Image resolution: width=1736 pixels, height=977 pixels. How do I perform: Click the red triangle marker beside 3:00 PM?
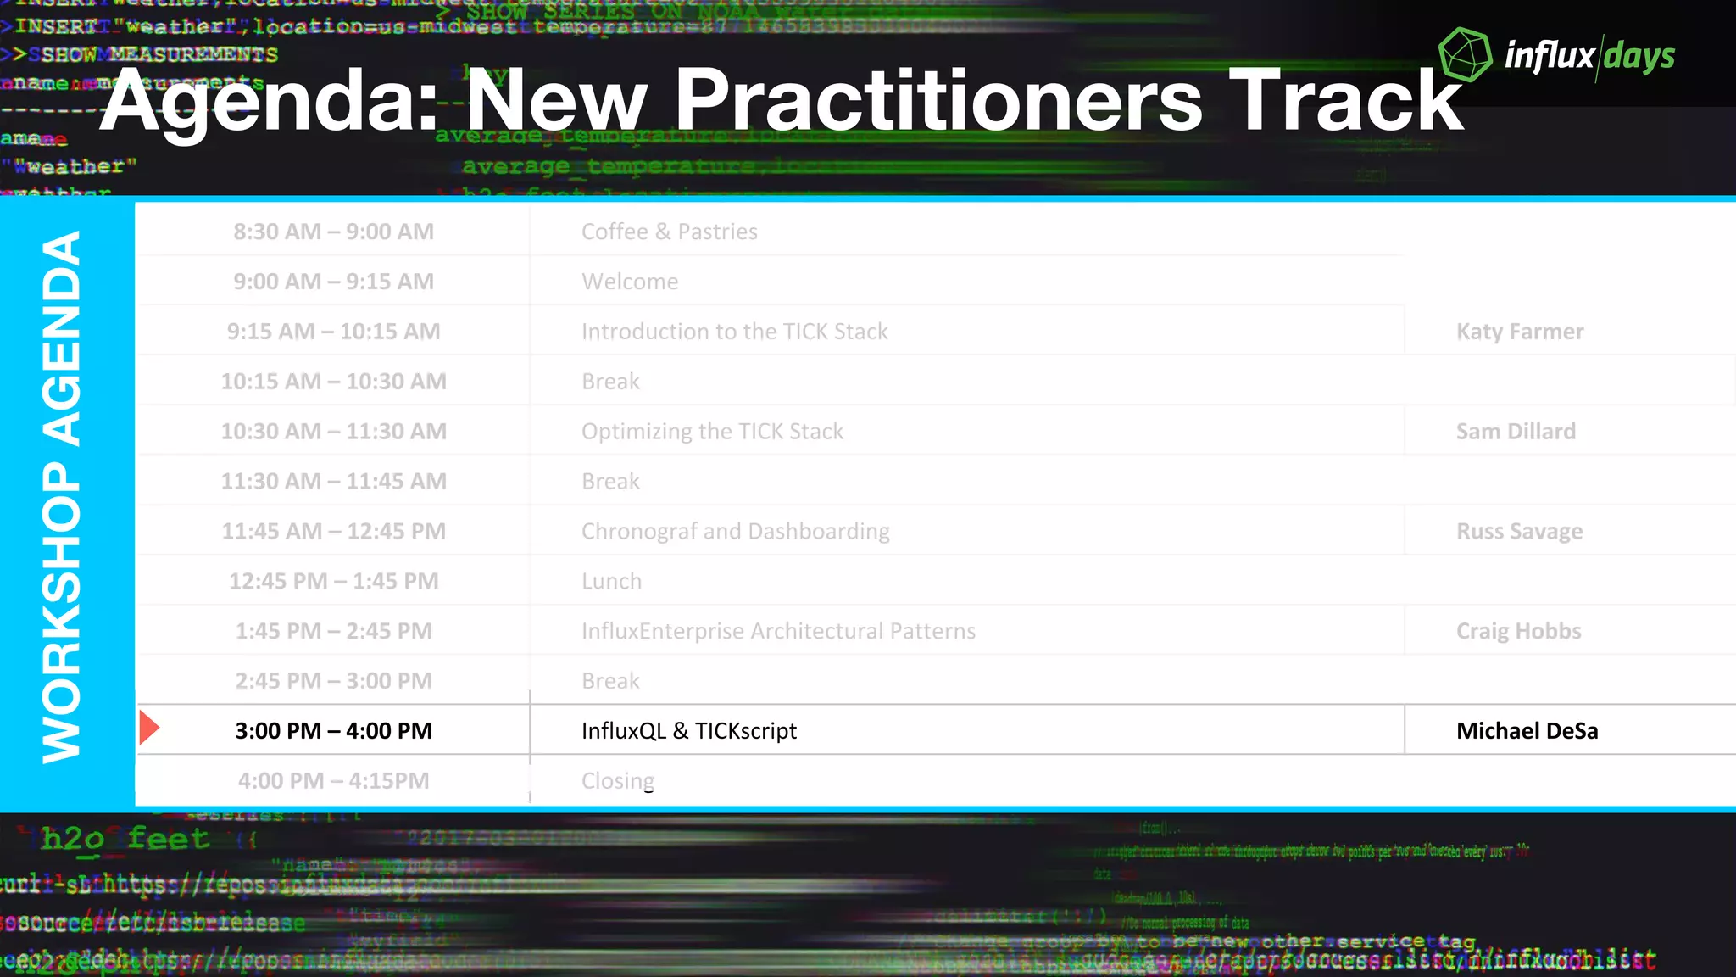pos(149,729)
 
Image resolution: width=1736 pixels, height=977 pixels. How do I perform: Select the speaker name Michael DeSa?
pos(1527,731)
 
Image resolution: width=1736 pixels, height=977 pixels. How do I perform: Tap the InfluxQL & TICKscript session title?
pos(688,731)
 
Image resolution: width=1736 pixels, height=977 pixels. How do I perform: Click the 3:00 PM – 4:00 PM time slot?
pos(333,731)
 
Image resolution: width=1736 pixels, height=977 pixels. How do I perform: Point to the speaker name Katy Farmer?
pos(1519,332)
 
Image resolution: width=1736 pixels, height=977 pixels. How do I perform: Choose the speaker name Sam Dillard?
pos(1516,432)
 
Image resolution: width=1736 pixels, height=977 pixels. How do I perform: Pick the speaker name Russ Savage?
pos(1519,532)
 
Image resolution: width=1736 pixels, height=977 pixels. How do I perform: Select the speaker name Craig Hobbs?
pos(1518,631)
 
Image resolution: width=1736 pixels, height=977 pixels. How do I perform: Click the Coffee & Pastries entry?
pos(669,232)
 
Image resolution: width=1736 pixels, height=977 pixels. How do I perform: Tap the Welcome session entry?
pos(630,282)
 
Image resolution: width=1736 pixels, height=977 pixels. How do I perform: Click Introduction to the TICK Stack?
pos(734,332)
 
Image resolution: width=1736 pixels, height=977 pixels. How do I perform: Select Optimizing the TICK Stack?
pos(712,432)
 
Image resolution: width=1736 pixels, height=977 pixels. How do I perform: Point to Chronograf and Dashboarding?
pos(735,532)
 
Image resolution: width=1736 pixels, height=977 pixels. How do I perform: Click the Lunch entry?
pos(611,582)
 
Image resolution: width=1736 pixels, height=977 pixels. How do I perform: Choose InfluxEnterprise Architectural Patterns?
pos(778,631)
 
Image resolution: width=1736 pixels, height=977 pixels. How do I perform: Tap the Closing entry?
pos(617,780)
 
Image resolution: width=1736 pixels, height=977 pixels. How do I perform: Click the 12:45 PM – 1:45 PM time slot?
pos(333,582)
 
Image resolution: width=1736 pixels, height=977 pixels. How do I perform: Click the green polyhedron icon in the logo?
pos(1465,54)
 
